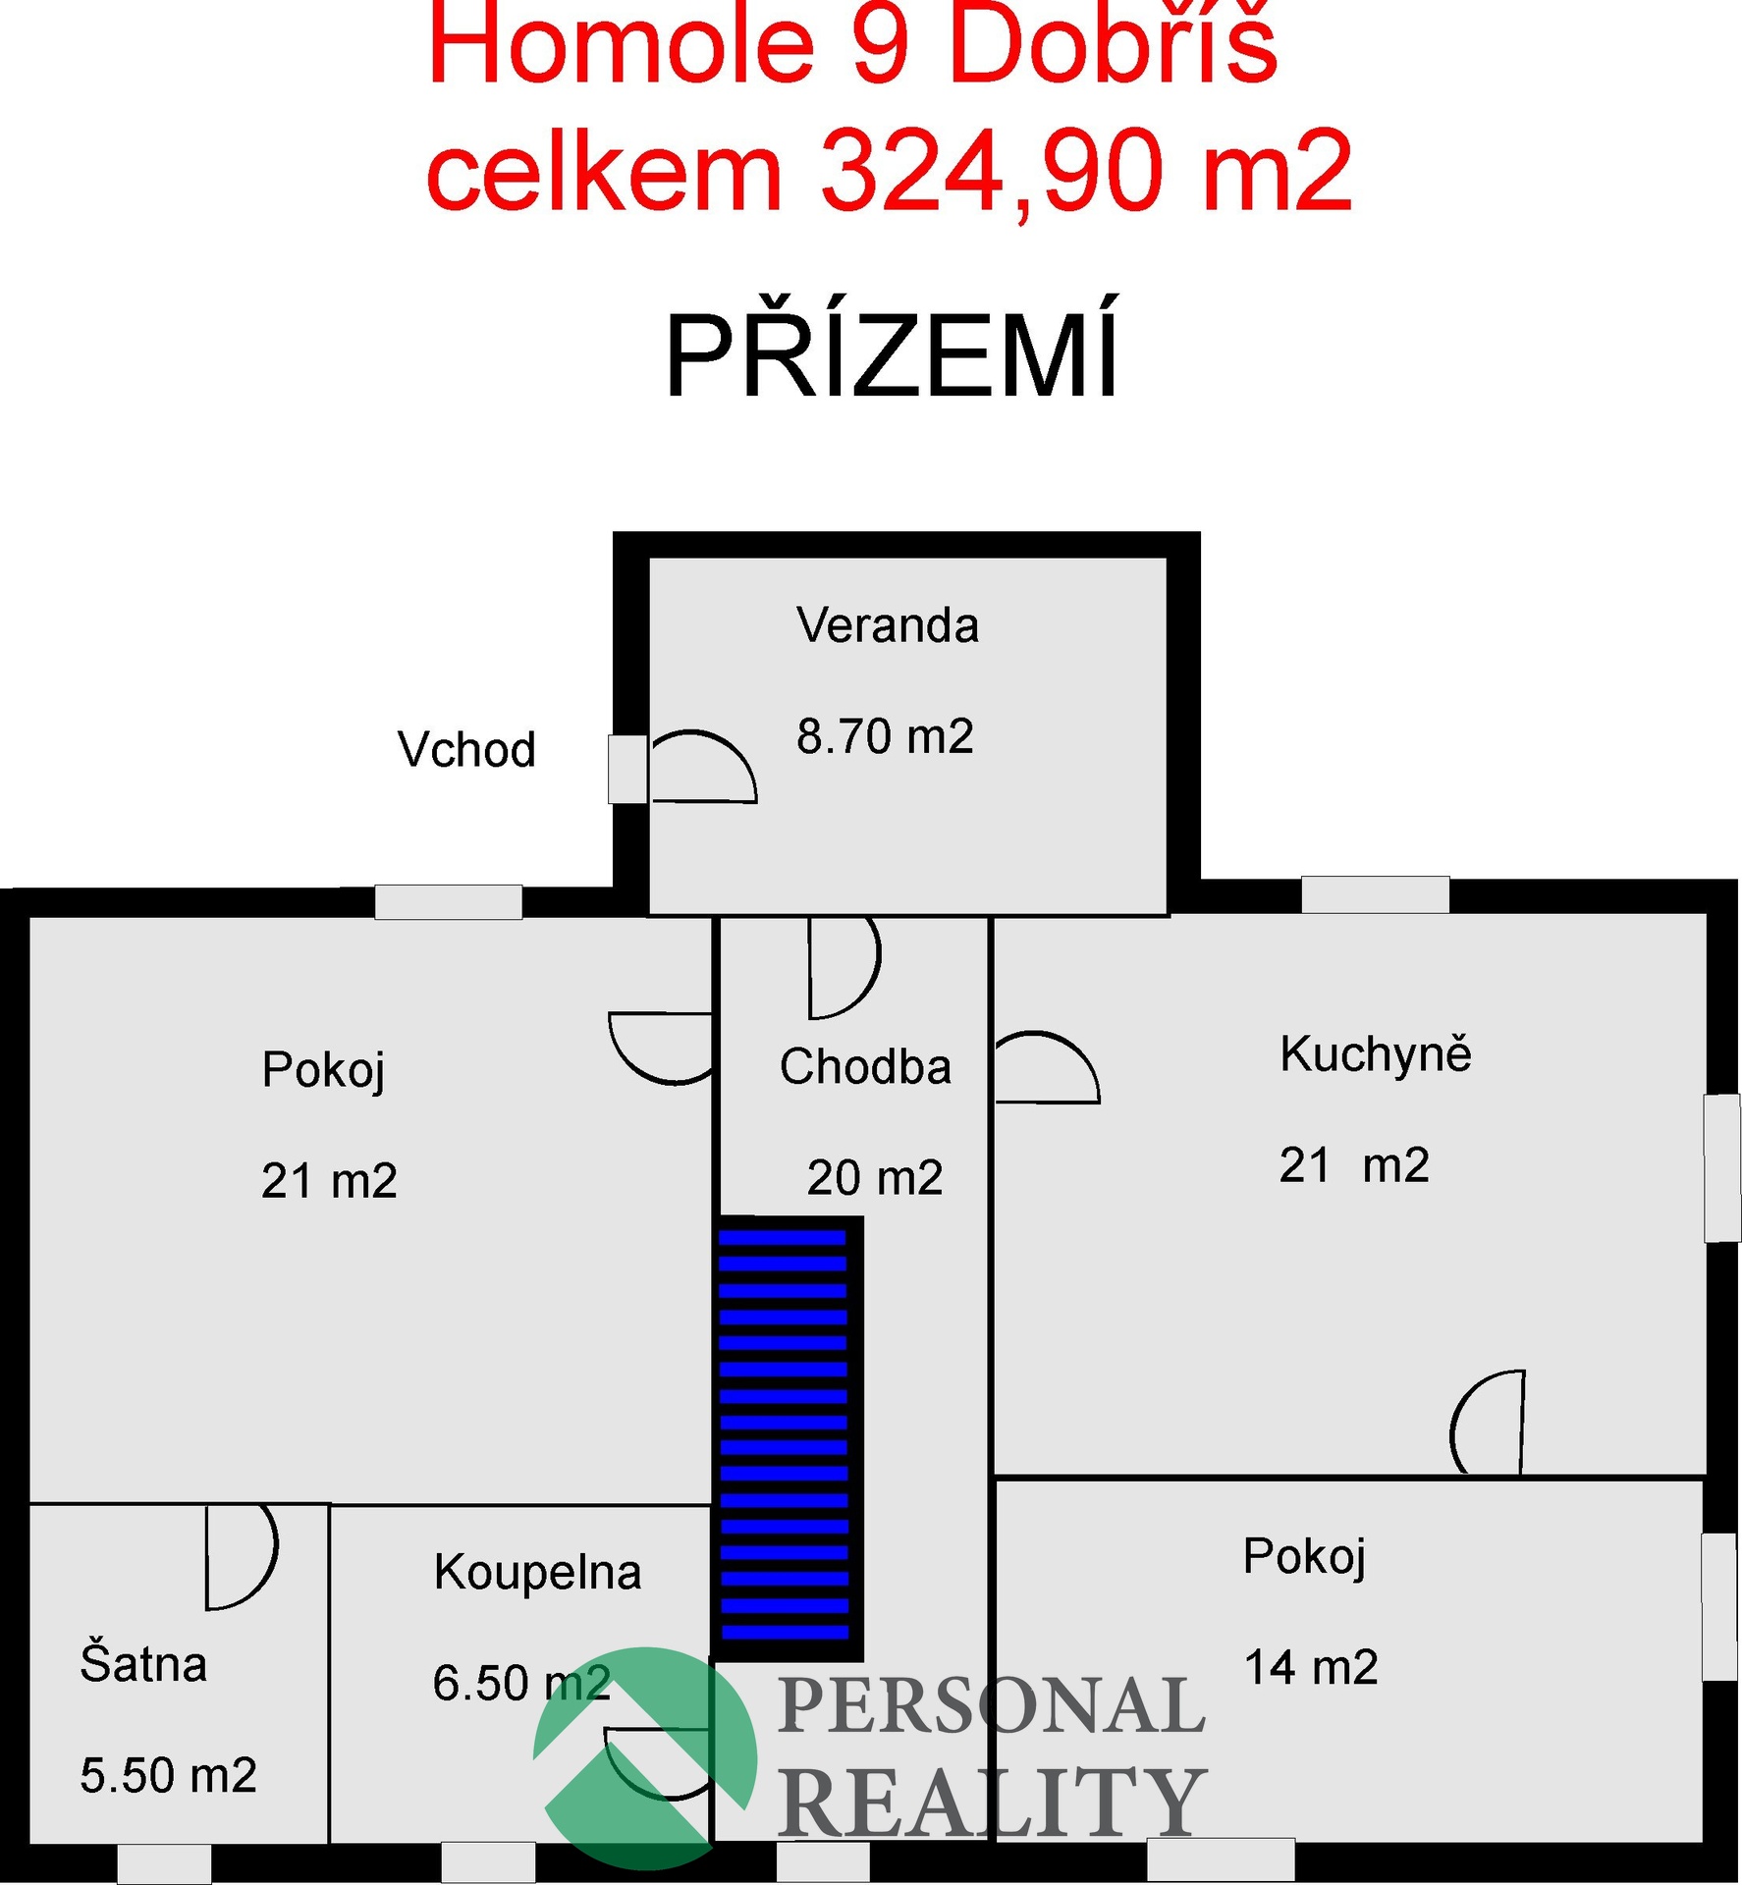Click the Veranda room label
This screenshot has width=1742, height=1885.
point(888,625)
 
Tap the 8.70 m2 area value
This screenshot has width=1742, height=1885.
point(885,736)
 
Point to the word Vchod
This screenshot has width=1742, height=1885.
point(466,749)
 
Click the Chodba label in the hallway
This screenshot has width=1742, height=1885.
point(865,1066)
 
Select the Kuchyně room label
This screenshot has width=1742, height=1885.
point(1376,1053)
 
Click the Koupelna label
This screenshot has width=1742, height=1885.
point(537,1572)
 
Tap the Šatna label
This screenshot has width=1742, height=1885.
point(143,1663)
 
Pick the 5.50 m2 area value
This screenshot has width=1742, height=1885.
point(168,1775)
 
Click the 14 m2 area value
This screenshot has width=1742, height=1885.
point(1311,1667)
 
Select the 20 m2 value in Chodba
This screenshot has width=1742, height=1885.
point(874,1177)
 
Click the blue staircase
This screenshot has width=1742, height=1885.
point(786,1438)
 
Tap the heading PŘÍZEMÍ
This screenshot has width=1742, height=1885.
point(892,348)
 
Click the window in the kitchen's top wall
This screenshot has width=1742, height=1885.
point(1375,894)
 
